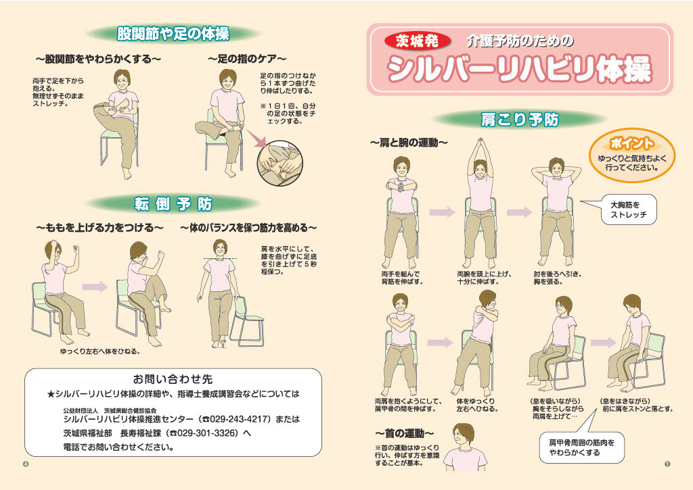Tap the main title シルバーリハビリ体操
coord(519,69)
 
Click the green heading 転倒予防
coord(173,203)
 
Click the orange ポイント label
coord(631,143)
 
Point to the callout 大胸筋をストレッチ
coord(629,210)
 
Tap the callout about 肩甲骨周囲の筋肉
coord(581,447)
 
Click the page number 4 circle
coord(26,464)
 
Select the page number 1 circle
coord(667,464)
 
